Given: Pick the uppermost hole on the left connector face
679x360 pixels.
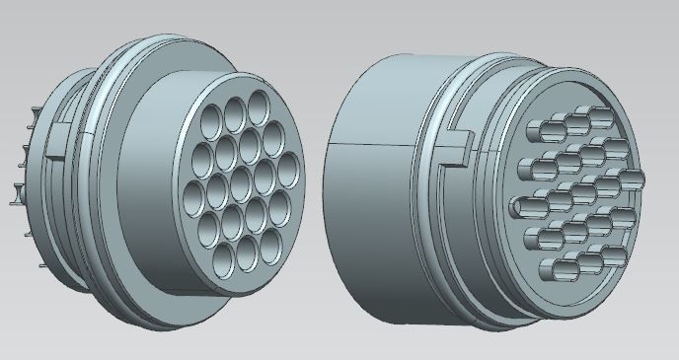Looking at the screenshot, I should coord(259,103).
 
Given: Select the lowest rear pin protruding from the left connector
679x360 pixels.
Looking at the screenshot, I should coord(20,204).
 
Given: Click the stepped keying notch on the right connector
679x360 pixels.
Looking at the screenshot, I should coord(451,148).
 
